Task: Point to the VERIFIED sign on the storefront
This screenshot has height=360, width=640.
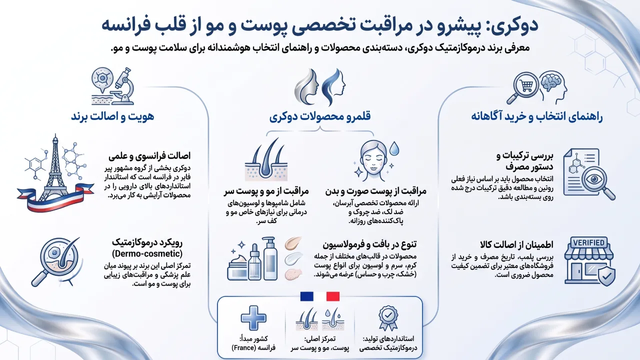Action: [x=588, y=243]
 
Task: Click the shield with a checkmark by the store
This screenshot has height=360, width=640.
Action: [x=606, y=276]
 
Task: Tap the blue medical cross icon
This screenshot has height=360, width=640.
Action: [x=253, y=318]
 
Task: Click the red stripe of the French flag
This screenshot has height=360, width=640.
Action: [x=333, y=296]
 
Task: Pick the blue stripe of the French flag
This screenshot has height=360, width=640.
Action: [x=307, y=296]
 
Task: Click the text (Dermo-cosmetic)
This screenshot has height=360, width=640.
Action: [x=147, y=253]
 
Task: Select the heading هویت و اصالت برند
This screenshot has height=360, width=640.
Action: [x=112, y=116]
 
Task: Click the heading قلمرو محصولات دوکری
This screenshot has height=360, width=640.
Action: [x=320, y=116]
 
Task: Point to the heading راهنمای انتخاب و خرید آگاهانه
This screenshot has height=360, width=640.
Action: [x=537, y=117]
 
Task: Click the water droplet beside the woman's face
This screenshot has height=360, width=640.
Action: [x=394, y=148]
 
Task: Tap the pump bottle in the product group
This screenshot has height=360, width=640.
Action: [x=270, y=258]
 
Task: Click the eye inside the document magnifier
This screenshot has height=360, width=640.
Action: [x=594, y=179]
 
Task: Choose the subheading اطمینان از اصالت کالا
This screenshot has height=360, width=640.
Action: [x=516, y=245]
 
